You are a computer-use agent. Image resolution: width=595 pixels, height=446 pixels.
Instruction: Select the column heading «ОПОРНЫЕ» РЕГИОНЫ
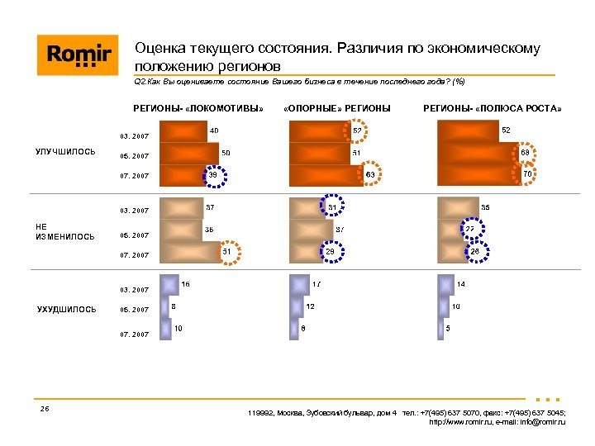pyautogui.click(x=336, y=108)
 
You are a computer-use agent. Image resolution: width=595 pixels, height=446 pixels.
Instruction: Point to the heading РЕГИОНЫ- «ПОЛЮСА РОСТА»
pyautogui.click(x=493, y=108)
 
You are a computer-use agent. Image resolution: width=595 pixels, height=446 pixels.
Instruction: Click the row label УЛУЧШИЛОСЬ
pyautogui.click(x=65, y=152)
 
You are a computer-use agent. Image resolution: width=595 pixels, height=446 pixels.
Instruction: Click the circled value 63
pyautogui.click(x=370, y=174)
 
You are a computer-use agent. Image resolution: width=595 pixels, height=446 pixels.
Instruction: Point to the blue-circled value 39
pyautogui.click(x=212, y=174)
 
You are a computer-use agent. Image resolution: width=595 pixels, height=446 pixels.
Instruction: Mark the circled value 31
pyautogui.click(x=331, y=206)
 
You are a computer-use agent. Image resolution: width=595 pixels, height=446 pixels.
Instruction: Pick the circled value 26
pyautogui.click(x=475, y=251)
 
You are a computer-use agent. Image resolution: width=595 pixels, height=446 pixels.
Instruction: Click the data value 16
pyautogui.click(x=186, y=284)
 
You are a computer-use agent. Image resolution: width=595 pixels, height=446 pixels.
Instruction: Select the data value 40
pyautogui.click(x=214, y=130)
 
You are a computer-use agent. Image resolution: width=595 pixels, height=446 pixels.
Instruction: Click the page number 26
pyautogui.click(x=44, y=410)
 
